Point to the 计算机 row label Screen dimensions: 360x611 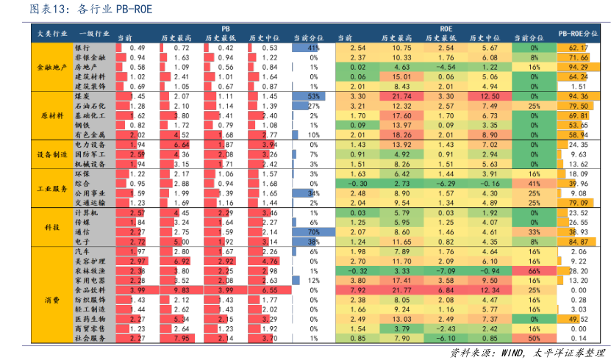point(87,212)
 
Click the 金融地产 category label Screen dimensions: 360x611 point(51,67)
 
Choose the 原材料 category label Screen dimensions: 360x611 point(51,115)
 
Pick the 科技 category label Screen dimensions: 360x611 point(51,227)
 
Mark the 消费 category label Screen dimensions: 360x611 point(51,300)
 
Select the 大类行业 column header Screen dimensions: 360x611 point(51,33)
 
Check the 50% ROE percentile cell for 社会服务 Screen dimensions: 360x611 point(533,339)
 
